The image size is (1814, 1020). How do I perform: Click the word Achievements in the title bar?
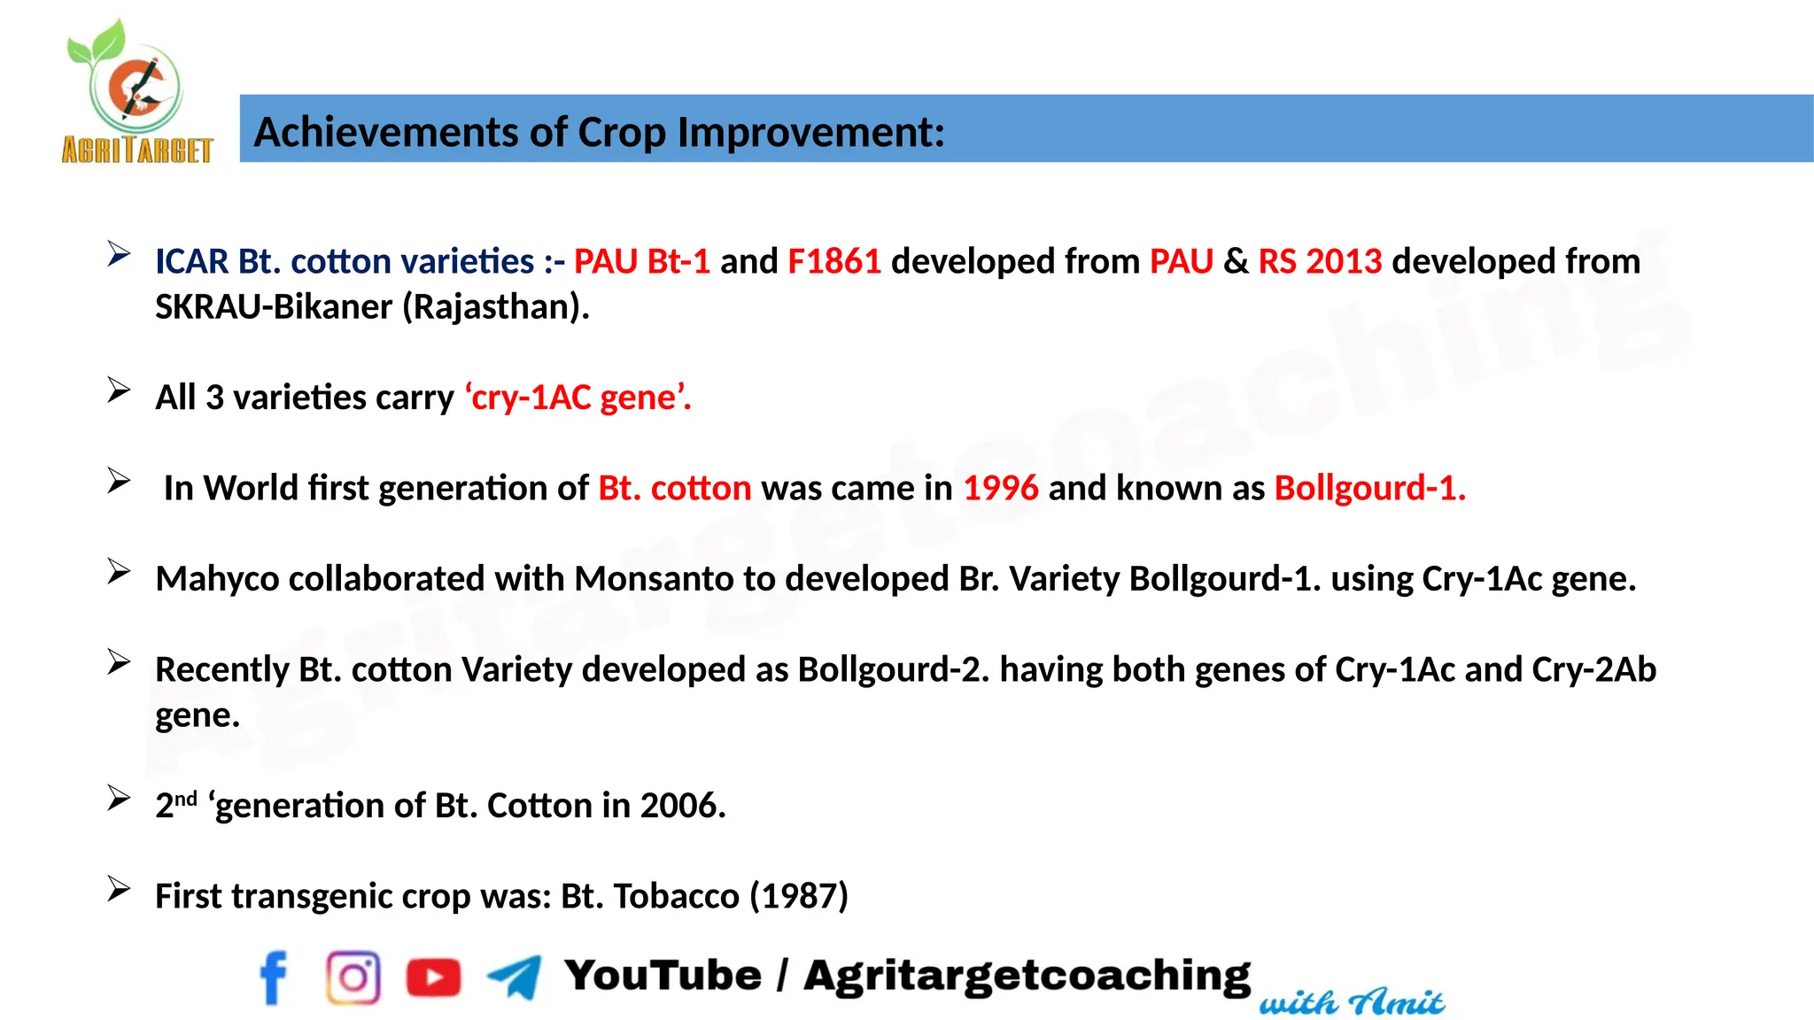tap(386, 133)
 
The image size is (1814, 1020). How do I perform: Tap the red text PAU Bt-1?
tap(641, 262)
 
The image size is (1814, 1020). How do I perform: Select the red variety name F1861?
tap(833, 262)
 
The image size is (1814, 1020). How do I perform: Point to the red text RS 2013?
tap(1319, 262)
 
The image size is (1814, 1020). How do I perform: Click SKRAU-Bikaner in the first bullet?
tap(274, 307)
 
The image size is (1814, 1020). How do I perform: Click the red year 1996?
tap(1000, 489)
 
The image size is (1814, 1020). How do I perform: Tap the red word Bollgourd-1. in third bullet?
tap(1369, 489)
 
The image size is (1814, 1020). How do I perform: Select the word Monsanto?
tap(654, 579)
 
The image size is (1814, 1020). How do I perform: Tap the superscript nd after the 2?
tap(185, 799)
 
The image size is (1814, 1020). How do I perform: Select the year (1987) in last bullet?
tap(799, 897)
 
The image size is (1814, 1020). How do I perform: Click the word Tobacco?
tap(676, 897)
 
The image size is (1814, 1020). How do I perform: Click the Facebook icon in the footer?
tap(274, 977)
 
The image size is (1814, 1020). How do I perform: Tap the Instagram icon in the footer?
tap(353, 977)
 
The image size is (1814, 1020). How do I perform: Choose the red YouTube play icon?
tap(433, 977)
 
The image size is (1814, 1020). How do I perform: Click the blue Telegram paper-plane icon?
tap(515, 977)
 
